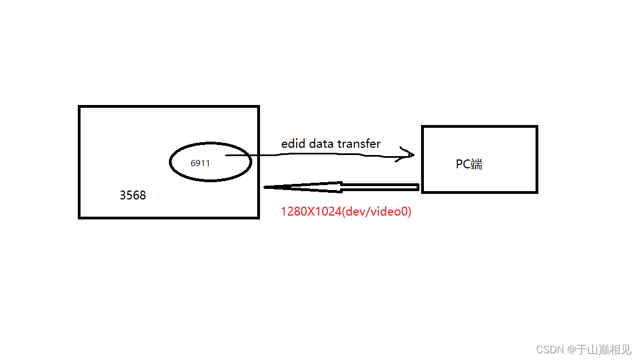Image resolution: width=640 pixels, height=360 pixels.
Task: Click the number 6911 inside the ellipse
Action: tap(200, 163)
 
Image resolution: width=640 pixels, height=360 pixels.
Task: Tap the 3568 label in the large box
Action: tap(133, 196)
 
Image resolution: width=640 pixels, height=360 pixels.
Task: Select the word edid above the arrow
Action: tap(293, 143)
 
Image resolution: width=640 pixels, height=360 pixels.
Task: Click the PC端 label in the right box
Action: tap(469, 164)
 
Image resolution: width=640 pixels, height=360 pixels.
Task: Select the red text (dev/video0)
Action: tap(378, 212)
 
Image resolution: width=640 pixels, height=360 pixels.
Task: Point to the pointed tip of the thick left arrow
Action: tap(266, 187)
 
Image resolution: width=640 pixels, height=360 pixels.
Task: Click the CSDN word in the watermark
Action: tap(550, 349)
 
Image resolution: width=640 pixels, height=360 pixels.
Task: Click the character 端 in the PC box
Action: tap(476, 164)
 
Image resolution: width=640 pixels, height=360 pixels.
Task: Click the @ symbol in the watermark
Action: tap(571, 349)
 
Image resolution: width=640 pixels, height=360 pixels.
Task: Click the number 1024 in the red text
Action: tap(329, 212)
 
